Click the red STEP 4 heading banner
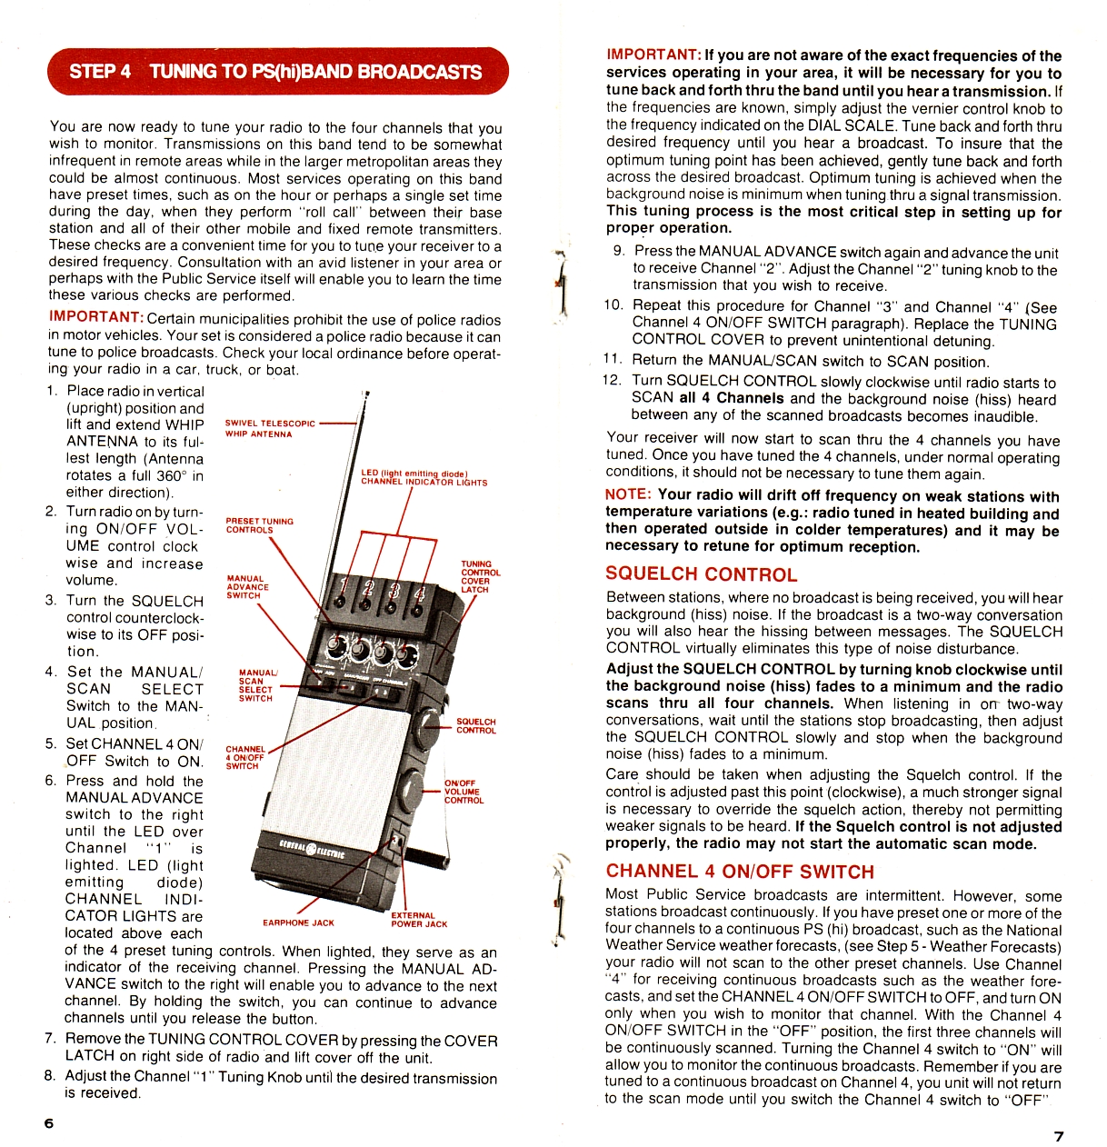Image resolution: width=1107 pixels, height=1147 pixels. pos(276,71)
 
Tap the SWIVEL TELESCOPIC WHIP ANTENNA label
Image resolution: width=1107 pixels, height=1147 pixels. pos(270,428)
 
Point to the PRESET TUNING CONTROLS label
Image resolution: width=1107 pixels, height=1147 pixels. pos(259,525)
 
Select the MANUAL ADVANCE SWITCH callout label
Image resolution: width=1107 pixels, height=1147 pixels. pos(247,587)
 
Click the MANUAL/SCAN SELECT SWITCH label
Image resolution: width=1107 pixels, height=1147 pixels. pos(257,685)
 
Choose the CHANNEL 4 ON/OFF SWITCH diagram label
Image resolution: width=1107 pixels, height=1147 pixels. pos(245,757)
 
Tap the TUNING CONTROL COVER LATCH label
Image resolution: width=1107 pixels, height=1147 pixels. pos(480,576)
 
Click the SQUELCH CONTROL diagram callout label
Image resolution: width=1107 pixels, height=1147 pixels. pos(475,725)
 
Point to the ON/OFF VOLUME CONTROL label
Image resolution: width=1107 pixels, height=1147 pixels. pos(464,792)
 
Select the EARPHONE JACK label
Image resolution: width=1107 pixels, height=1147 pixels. pos(298,923)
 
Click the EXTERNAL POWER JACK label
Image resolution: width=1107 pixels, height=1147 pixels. pos(419,920)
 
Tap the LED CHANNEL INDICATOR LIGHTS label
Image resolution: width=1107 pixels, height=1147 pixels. pos(423,478)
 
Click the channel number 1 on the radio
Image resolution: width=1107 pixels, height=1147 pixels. pos(343,584)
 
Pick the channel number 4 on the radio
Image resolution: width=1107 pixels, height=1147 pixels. pos(419,594)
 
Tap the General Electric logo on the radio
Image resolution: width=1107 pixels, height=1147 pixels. pos(313,849)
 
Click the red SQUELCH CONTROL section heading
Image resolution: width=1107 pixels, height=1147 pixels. pos(701,574)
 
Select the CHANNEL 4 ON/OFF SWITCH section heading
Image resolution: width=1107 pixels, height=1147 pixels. pos(739,871)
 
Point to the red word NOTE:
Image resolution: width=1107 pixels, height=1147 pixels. pos(628,494)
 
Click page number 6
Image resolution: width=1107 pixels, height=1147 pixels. pos(49,1122)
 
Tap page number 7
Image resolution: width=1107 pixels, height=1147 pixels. pos(1058,1135)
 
